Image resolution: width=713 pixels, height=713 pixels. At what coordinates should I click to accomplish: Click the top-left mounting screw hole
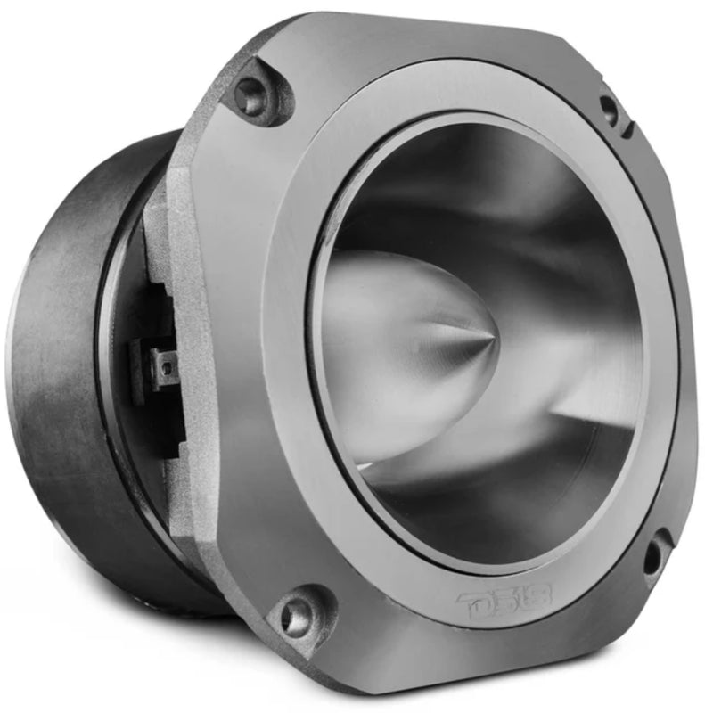252,96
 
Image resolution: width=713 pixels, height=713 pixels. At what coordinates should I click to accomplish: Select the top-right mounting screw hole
609,109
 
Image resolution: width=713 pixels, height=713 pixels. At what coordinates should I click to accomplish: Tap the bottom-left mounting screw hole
297,615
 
